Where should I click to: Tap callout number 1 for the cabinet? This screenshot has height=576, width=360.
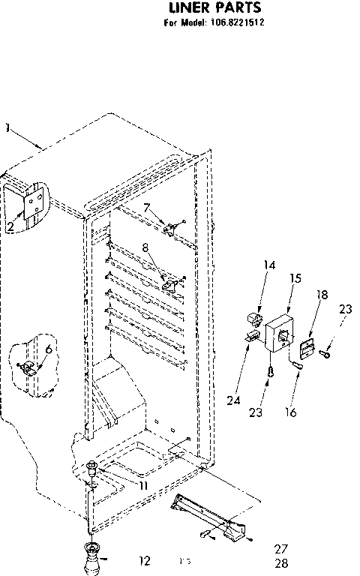pos(7,127)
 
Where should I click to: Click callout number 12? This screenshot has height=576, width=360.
pos(145,559)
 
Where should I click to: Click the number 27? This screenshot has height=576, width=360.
pos(281,548)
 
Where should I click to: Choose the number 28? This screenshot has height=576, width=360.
pos(281,563)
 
